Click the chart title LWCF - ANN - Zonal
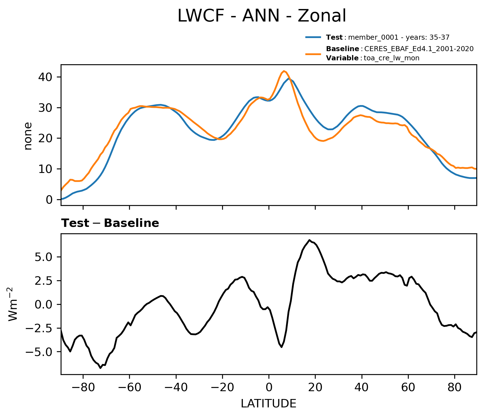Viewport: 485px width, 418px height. pos(262,16)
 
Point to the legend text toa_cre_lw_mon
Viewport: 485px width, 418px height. pos(391,58)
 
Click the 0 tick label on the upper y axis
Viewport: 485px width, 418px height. pos(49,199)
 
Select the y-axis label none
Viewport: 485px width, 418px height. pos(28,136)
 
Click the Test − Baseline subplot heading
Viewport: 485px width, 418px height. pos(110,223)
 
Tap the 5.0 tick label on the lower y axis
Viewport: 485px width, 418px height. pos(44,257)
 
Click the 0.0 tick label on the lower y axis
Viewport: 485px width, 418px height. pos(44,304)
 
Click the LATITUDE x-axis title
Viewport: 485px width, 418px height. pos(268,404)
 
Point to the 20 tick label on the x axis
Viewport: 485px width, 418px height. pos(315,388)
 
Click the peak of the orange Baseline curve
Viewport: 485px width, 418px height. pos(284,71)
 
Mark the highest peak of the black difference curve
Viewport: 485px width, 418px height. pos(309,240)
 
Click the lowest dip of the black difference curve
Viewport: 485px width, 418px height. pos(101,368)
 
